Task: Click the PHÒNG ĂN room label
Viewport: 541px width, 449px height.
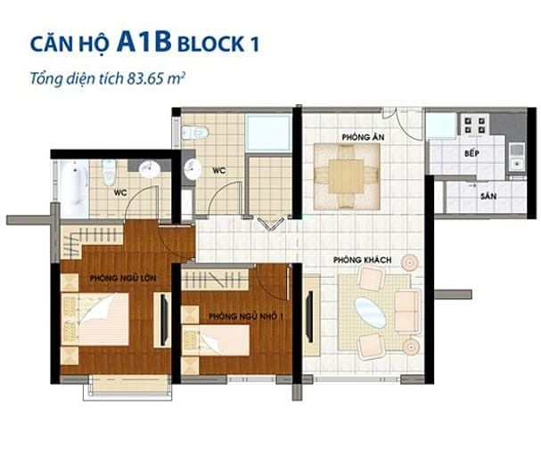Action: (x=363, y=137)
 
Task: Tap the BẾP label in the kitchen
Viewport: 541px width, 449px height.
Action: (x=471, y=153)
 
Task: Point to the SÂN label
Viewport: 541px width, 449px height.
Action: (x=488, y=196)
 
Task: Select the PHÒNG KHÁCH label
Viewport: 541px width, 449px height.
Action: (x=362, y=259)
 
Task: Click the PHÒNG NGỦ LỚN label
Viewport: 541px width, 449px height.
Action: (x=123, y=278)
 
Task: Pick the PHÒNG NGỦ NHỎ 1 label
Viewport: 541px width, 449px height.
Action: (x=246, y=316)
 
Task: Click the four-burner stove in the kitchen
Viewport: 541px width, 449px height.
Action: (x=475, y=125)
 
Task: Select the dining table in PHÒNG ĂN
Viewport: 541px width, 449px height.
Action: (x=346, y=176)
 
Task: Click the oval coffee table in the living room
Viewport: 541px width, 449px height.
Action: (x=371, y=313)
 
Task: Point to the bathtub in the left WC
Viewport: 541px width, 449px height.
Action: (x=73, y=188)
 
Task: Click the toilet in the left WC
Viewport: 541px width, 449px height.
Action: (x=109, y=171)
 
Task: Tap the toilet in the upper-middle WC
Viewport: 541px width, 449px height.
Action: (x=194, y=133)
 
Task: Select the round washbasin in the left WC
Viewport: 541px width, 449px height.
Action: (x=150, y=169)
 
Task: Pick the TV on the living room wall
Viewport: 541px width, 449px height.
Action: (x=310, y=316)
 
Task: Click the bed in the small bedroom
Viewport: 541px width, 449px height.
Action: (x=216, y=340)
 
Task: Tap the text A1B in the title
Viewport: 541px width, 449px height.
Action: (x=144, y=41)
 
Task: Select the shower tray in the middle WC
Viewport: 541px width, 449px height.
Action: (x=269, y=133)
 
